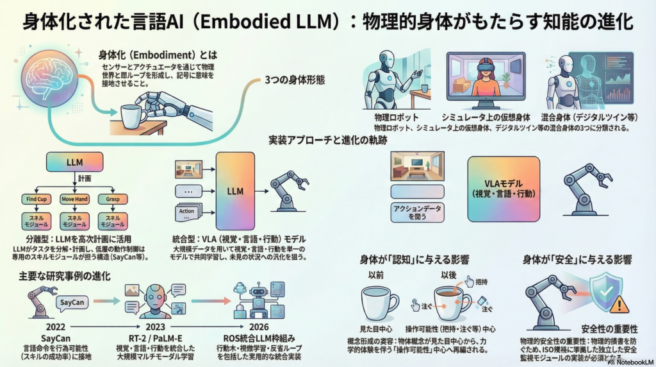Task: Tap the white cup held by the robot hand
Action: coord(133,117)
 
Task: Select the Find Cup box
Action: coord(37,200)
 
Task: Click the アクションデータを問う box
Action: coord(417,212)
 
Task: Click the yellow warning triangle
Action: coord(619,303)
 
